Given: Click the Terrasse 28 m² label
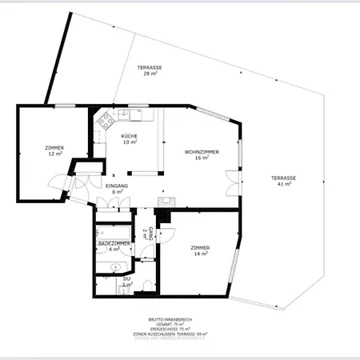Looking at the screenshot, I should tap(148, 70).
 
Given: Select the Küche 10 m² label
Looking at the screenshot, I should tap(129, 139).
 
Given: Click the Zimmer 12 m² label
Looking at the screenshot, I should tap(54, 150).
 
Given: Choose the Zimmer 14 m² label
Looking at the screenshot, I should tap(200, 251).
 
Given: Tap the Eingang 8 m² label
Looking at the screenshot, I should tap(118, 189).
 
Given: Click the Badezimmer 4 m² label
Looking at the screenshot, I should tap(114, 246).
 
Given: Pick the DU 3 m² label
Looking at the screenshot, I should tap(126, 282).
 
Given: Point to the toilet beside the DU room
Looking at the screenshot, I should tap(146, 286).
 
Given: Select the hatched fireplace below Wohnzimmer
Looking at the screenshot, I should tap(166, 202).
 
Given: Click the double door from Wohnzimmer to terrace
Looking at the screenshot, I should tap(231, 182).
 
